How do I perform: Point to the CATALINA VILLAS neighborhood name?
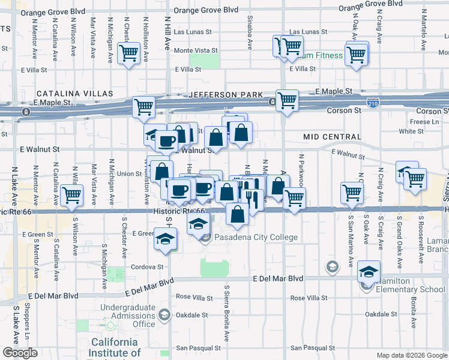pyautogui.click(x=74, y=94)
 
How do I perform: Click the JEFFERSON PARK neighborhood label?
pyautogui.click(x=226, y=95)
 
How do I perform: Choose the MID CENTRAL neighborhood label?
pyautogui.click(x=332, y=137)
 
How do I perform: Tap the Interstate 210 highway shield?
pyautogui.click(x=373, y=103)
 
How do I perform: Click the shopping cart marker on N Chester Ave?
pyautogui.click(x=129, y=53)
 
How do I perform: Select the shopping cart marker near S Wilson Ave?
pyautogui.click(x=71, y=194)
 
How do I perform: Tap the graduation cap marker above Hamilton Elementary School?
pyautogui.click(x=369, y=271)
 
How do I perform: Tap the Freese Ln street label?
pyautogui.click(x=426, y=122)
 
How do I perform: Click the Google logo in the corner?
pyautogui.click(x=20, y=353)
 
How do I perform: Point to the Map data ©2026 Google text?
pyautogui.click(x=411, y=355)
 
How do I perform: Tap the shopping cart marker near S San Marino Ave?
pyautogui.click(x=352, y=193)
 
